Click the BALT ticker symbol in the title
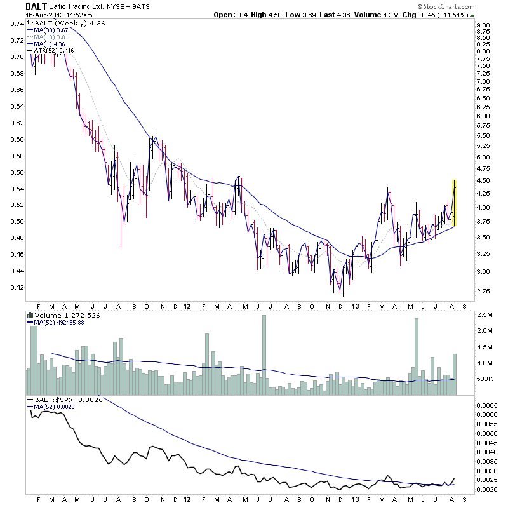35,6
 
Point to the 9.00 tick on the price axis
483,25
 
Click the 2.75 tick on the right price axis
483,292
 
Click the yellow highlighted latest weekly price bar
454,202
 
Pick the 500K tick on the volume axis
485,379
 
